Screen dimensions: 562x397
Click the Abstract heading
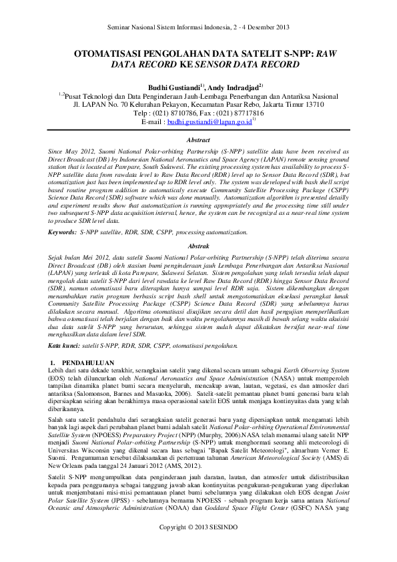pyautogui.click(x=198, y=142)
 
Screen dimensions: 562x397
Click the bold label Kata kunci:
pyautogui.click(x=65, y=346)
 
